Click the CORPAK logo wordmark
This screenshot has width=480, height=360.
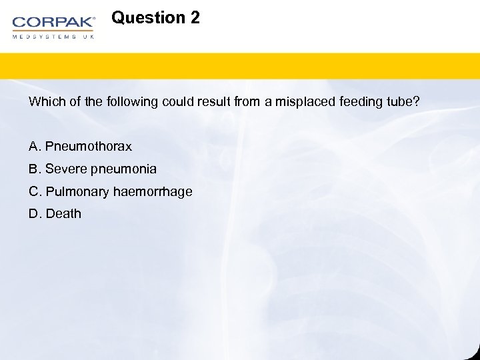[x=53, y=23]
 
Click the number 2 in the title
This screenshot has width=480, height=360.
[x=195, y=18]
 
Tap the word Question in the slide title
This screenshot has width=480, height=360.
[x=148, y=18]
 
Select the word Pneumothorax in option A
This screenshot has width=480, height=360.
[x=89, y=146]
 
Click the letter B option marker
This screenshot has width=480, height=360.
[x=33, y=169]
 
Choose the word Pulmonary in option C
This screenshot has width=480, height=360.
[x=77, y=192]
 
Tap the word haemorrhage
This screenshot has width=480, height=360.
[x=153, y=192]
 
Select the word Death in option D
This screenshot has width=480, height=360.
[x=63, y=214]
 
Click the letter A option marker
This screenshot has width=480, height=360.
[x=33, y=146]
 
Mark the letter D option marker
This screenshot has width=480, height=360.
[x=34, y=214]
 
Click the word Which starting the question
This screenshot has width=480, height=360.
[x=44, y=102]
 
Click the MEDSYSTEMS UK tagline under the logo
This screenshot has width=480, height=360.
[x=53, y=37]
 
